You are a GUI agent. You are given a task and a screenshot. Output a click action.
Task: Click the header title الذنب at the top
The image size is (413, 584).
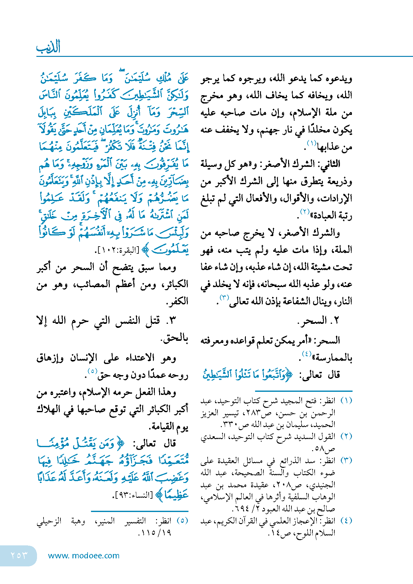pyautogui.click(x=48, y=47)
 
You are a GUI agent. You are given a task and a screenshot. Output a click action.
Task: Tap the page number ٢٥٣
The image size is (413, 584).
pyautogui.click(x=19, y=555)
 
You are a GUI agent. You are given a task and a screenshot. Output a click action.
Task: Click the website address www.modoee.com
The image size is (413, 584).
pyautogui.click(x=84, y=556)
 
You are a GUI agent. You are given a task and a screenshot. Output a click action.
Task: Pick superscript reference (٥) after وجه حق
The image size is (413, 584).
pyautogui.click(x=92, y=371)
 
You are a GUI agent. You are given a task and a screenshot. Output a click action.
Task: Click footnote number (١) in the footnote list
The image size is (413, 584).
pyautogui.click(x=346, y=401)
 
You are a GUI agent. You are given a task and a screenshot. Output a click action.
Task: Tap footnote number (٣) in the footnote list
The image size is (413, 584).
pyautogui.click(x=346, y=460)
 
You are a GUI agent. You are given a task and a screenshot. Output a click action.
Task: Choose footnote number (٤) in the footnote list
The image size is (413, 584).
pyautogui.click(x=346, y=520)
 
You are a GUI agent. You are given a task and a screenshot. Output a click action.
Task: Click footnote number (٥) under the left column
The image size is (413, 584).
pyautogui.click(x=182, y=520)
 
